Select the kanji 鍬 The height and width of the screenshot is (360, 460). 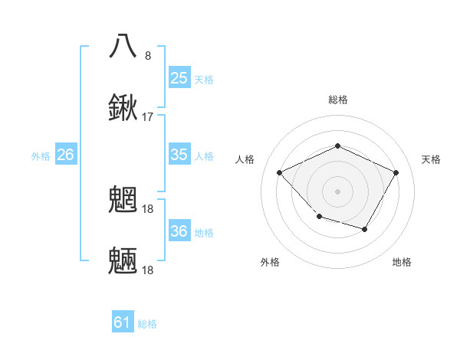coord(123,107)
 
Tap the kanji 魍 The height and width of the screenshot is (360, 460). coord(123,199)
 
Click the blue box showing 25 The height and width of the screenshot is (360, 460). coord(179,77)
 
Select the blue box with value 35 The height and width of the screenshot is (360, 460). coord(179,155)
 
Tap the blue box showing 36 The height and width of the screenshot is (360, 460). coord(179,231)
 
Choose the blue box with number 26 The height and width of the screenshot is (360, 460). coord(65,155)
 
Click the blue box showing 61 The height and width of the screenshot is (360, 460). coord(123,322)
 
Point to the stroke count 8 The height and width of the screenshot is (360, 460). coord(148,55)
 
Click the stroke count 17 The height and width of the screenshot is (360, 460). coord(148,116)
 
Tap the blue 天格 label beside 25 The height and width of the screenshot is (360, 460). coord(204,79)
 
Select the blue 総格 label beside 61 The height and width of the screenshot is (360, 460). coord(147,324)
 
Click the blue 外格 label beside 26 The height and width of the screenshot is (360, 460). coord(41,156)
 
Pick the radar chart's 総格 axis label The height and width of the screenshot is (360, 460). coord(337,100)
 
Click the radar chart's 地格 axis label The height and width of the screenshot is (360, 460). coord(402,262)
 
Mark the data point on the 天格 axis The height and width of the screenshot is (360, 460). coord(396,172)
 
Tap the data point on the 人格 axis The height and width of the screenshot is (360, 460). coord(280,172)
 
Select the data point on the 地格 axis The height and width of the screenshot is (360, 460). coord(365,229)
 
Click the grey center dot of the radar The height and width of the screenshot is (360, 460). coord(337,191)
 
